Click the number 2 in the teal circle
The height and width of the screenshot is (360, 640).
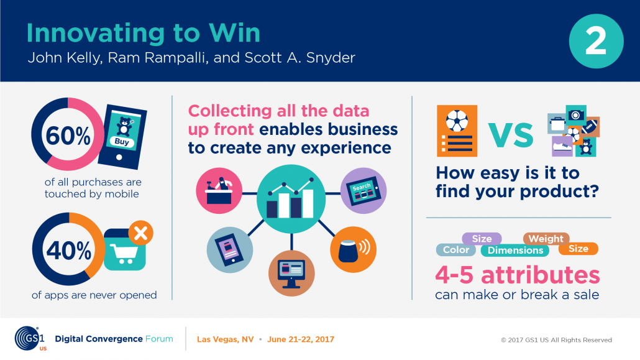(596, 41)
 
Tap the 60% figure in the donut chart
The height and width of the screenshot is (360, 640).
(68, 136)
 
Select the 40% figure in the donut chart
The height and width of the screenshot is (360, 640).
(68, 250)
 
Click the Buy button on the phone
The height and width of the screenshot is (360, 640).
(122, 142)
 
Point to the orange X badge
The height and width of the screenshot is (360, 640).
(141, 233)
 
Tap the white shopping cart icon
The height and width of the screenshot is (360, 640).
(124, 253)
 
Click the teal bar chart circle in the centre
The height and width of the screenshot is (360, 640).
(291, 199)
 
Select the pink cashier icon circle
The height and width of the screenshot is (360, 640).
(219, 191)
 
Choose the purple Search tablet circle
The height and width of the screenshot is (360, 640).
(363, 190)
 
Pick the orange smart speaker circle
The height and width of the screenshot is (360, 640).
(353, 249)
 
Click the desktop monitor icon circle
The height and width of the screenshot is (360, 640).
(291, 273)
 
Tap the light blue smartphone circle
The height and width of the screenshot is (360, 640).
(230, 250)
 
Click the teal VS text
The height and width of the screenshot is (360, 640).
(511, 136)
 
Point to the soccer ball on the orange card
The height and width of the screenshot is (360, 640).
(457, 121)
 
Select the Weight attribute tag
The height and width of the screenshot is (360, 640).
(546, 239)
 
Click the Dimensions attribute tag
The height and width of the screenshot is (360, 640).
(515, 250)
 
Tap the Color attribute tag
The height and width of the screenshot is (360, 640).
(456, 250)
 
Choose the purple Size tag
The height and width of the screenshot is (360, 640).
(482, 239)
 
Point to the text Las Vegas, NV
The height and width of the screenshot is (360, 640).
(226, 339)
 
